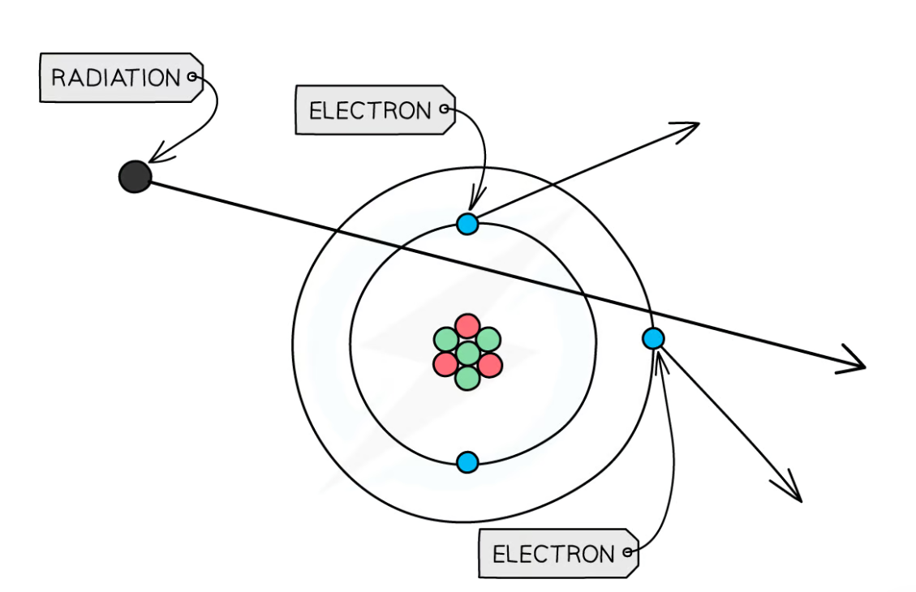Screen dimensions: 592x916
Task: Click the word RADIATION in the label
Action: (x=115, y=78)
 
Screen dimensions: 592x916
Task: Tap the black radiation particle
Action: (x=135, y=177)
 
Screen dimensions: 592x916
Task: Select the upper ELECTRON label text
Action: (x=370, y=110)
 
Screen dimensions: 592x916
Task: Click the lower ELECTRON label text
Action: (x=553, y=555)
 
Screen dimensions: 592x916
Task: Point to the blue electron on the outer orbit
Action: (x=653, y=338)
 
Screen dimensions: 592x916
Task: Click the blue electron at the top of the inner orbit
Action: (x=467, y=224)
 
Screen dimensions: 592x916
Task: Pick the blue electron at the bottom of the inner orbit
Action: (x=467, y=462)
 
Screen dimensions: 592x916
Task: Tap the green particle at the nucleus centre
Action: (x=467, y=354)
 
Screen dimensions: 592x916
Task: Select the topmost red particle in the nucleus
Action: (x=467, y=327)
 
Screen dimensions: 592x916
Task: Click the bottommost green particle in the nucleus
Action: (x=467, y=378)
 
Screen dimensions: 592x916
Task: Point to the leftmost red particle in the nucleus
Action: (x=445, y=364)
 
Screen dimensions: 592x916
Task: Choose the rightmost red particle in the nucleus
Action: (x=490, y=365)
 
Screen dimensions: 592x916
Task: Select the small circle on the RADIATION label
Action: (x=192, y=77)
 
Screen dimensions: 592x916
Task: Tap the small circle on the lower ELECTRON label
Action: (x=627, y=553)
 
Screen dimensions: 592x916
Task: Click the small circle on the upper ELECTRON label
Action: (x=444, y=109)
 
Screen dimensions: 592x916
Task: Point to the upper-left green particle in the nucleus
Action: (x=445, y=339)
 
